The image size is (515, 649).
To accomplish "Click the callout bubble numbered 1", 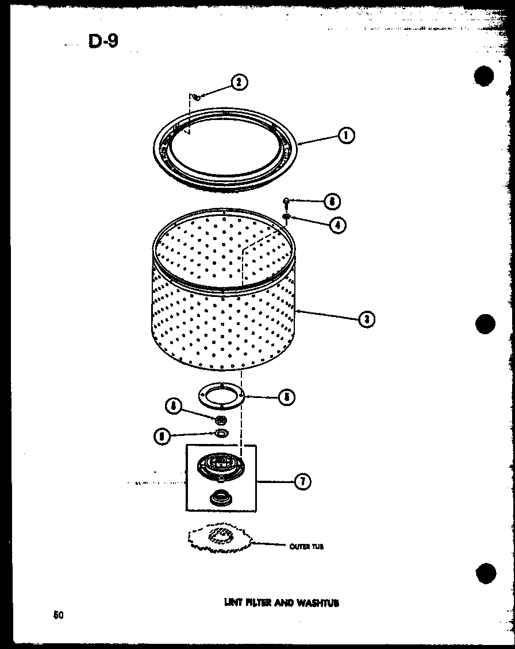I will coord(346,136).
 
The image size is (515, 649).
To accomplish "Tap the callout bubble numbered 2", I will coord(239,82).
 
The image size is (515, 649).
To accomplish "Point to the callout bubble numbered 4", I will coord(337,225).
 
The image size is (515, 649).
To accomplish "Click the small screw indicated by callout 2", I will coord(197,96).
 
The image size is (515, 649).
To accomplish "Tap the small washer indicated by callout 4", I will coord(286,217).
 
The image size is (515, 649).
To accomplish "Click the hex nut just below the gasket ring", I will coord(218,420).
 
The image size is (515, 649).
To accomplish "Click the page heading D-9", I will coord(103,42).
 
